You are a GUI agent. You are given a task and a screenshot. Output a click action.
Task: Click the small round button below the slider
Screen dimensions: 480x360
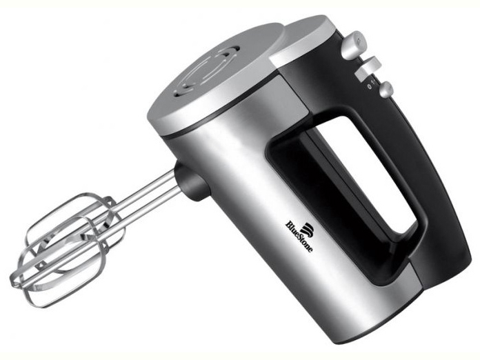click(386, 90)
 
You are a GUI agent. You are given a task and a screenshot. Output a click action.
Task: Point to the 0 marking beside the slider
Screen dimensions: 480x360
click(369, 87)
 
